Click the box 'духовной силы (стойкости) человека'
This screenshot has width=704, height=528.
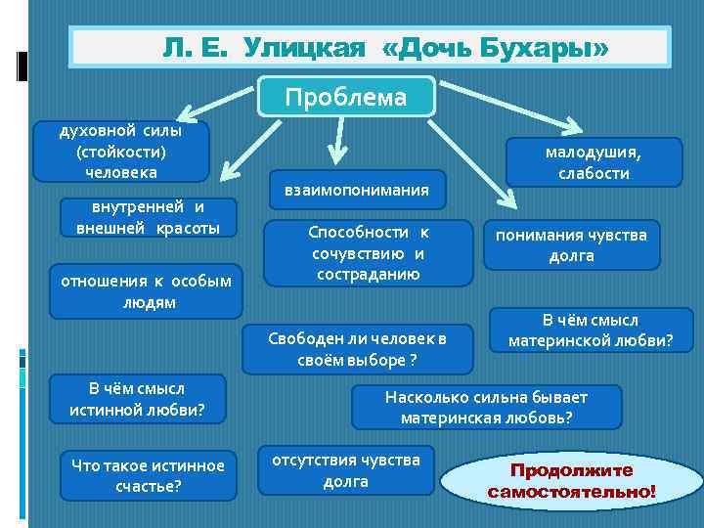120,152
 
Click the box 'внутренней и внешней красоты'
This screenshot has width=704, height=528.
148,217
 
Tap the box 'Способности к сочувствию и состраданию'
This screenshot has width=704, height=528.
369,253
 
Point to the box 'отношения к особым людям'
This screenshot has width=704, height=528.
146,291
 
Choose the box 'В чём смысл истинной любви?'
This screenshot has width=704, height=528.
137,399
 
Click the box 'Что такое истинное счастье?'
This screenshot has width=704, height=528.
148,475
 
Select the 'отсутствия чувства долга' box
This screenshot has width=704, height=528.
346,470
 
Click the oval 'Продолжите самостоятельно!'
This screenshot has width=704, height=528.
573,480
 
